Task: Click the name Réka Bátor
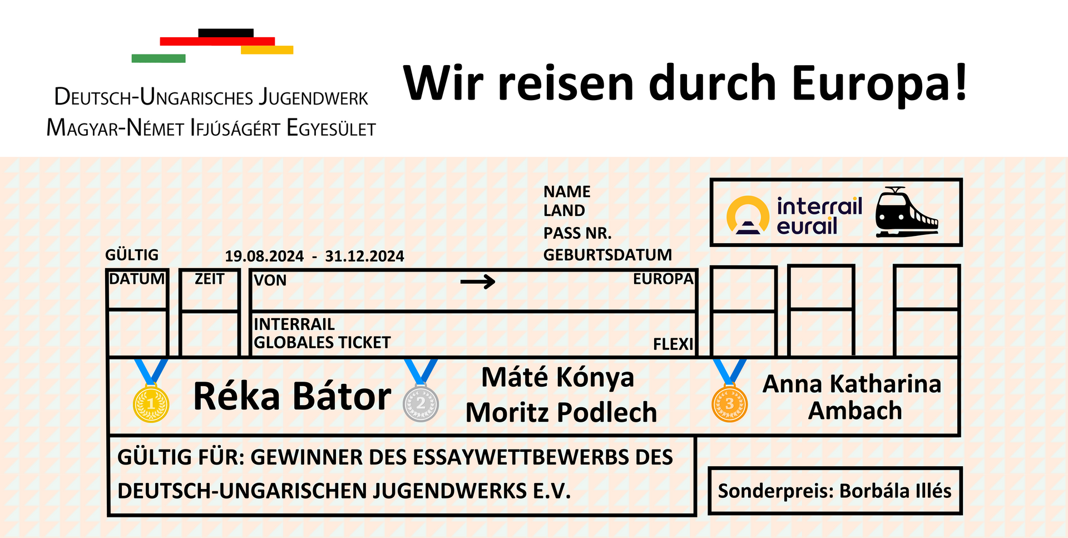tap(292, 396)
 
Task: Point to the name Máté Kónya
tap(557, 377)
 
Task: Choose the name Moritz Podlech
tap(561, 412)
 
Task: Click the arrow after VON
tap(478, 282)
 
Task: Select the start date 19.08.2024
tap(264, 256)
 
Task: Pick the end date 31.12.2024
tap(364, 256)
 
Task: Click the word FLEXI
tap(673, 344)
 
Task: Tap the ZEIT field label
tap(209, 279)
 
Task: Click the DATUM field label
tap(137, 279)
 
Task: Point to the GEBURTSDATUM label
tap(607, 255)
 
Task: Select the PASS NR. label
tap(577, 233)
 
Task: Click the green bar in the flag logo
tap(159, 58)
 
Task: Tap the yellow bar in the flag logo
tap(267, 50)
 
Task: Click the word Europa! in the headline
tap(879, 83)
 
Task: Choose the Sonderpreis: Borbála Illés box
tap(835, 491)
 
